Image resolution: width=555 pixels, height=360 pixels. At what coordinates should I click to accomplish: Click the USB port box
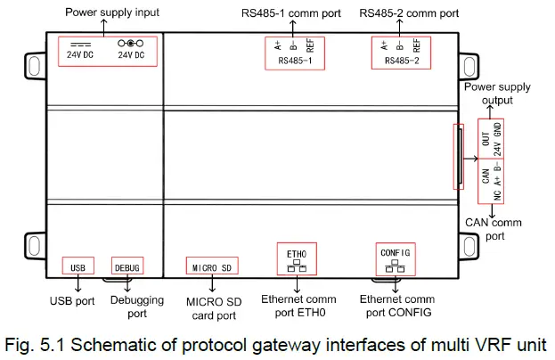[78, 266]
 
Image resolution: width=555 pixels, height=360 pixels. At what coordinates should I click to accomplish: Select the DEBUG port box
[127, 266]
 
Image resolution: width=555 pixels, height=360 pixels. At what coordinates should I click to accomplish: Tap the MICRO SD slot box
[212, 266]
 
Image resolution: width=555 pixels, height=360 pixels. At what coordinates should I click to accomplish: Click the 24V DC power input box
[107, 50]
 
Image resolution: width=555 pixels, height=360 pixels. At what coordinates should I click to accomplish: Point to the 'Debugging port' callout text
[137, 307]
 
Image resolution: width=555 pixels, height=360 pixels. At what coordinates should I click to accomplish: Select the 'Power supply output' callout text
[497, 94]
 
